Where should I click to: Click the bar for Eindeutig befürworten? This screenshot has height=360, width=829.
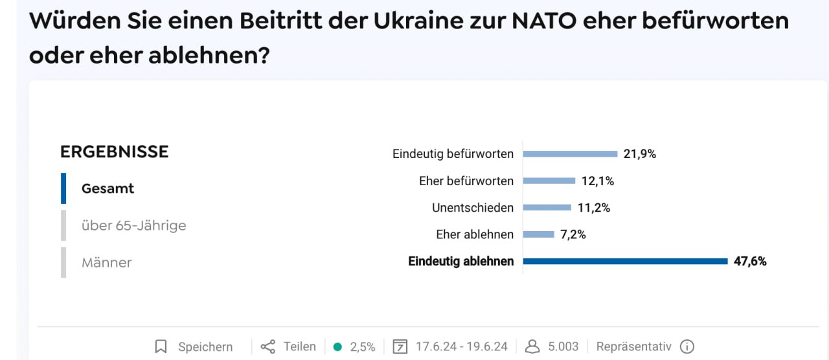pos(570,154)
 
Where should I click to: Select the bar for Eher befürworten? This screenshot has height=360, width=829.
pos(549,181)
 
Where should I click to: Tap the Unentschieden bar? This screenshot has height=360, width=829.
pos(547,208)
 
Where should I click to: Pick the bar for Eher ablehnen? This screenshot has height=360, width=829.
pos(539,234)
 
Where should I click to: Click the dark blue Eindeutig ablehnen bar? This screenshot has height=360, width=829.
pos(626,262)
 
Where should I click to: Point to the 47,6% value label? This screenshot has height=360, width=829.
pos(750,262)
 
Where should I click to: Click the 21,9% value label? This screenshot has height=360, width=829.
pos(640,154)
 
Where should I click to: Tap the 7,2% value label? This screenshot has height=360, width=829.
pos(573,234)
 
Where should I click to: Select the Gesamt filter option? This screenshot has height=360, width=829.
pos(108,188)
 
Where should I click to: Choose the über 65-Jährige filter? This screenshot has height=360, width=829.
pos(133,225)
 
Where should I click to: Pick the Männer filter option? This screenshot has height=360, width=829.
pos(106,262)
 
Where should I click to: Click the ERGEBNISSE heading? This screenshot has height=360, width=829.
pos(114,152)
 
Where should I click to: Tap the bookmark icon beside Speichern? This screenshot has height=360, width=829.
pos(161,347)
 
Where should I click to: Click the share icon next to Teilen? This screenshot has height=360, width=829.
pos(267,347)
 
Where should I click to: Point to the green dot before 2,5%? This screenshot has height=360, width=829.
pos(337,347)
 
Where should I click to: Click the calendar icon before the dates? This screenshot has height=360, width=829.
pos(401,347)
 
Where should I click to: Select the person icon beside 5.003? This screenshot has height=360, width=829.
pos(532,347)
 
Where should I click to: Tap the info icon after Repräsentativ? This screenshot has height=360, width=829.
pos(687,347)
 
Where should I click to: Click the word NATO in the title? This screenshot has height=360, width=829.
pos(543,21)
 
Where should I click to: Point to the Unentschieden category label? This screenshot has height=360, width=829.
pos(473,208)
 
